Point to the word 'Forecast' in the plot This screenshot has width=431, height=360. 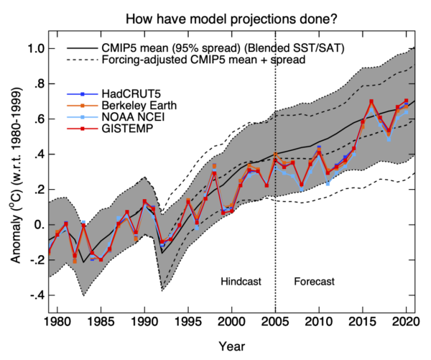314,280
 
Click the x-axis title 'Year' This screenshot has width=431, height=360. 231,346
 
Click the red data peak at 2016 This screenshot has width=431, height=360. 371,101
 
